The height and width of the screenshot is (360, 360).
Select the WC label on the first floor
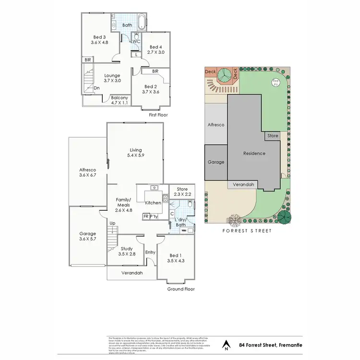(136, 41)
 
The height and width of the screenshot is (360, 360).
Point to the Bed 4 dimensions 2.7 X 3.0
(156, 52)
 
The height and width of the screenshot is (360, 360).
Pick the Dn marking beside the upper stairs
(96, 88)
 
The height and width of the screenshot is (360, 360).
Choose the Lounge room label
(112, 75)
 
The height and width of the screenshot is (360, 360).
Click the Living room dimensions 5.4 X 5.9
(135, 156)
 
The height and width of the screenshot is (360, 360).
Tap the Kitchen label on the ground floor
(153, 203)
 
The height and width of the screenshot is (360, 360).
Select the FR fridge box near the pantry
(145, 216)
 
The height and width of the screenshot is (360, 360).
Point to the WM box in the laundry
(184, 231)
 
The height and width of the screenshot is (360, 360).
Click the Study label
(127, 248)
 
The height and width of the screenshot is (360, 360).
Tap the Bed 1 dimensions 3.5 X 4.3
(176, 261)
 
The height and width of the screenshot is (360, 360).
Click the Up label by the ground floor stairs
(113, 223)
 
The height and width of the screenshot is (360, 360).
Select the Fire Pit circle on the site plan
(275, 82)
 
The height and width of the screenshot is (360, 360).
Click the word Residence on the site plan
(254, 154)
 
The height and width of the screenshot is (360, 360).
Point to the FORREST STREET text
(248, 231)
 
